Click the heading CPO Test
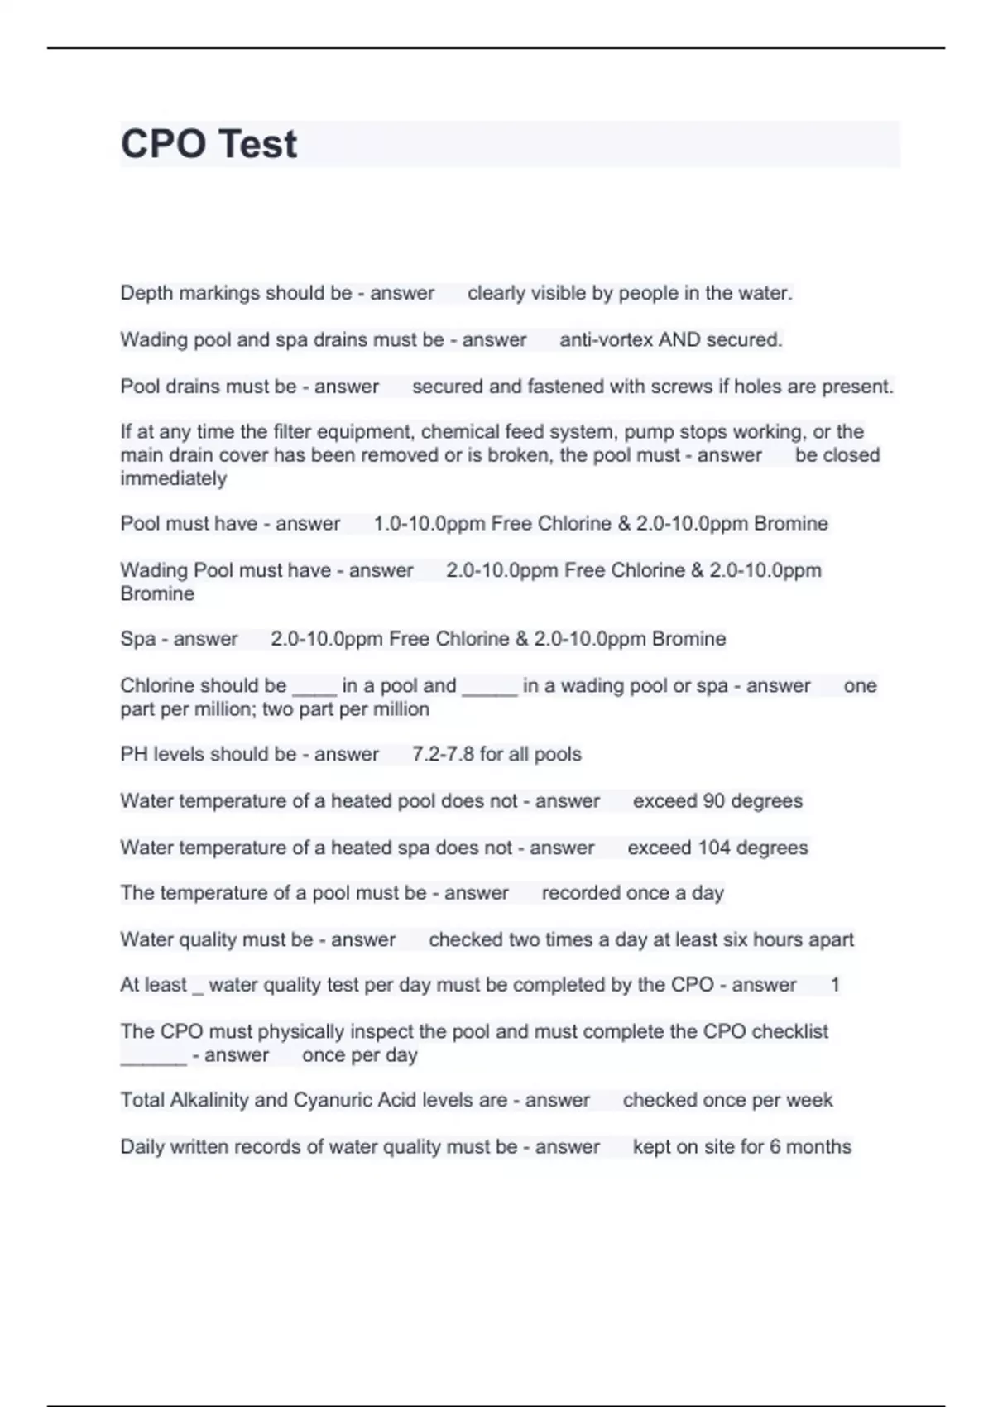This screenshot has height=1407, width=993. (x=209, y=144)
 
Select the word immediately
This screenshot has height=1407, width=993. (x=173, y=478)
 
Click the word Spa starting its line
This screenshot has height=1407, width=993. (x=137, y=639)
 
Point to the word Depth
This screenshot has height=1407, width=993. (x=146, y=293)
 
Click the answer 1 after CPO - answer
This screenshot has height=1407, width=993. (x=835, y=985)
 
